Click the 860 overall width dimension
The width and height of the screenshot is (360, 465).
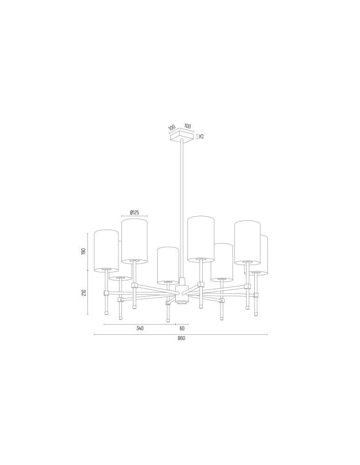coord(181,339)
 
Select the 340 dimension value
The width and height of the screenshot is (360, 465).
coord(140,328)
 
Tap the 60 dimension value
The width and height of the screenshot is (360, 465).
coord(182,328)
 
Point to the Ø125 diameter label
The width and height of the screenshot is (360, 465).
coord(134,213)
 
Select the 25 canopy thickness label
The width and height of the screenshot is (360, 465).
coord(201,136)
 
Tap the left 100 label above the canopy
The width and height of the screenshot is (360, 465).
coord(172,127)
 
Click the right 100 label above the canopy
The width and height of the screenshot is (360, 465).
coord(188,126)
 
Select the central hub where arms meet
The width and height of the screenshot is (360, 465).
coord(181,293)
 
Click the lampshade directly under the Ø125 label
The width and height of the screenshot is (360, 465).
coord(134,240)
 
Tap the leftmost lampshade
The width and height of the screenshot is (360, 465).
coord(106,250)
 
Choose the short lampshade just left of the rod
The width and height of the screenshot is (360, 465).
coord(167,265)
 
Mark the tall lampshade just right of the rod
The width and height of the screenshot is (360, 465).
coord(200,238)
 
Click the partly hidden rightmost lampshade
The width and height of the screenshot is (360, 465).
coord(264,256)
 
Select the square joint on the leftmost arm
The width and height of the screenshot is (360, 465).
coord(106,293)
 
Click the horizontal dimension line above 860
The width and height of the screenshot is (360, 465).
coord(181,334)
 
